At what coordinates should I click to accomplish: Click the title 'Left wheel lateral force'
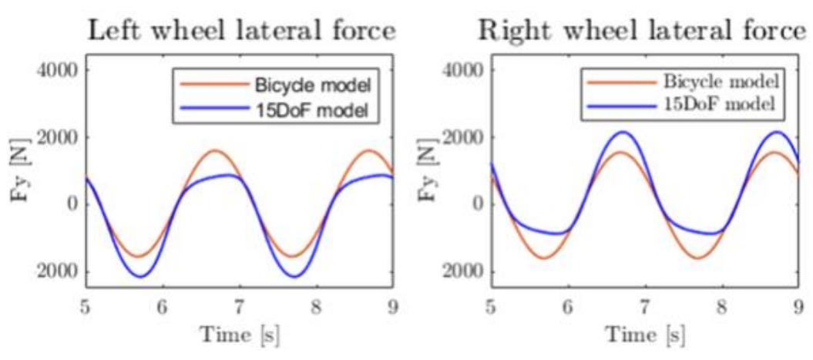pos(241,31)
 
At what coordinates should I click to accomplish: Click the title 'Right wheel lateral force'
pos(644,31)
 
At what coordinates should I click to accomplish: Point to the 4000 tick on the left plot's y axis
pos(59,70)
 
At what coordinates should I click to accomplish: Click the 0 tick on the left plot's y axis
pos(73,204)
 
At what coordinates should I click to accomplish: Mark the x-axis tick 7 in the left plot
pos(240,307)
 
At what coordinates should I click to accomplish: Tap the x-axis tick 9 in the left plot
pos(394,307)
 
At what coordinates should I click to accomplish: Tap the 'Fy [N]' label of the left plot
pos(20,171)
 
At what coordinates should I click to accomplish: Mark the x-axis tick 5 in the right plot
pos(491,307)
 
